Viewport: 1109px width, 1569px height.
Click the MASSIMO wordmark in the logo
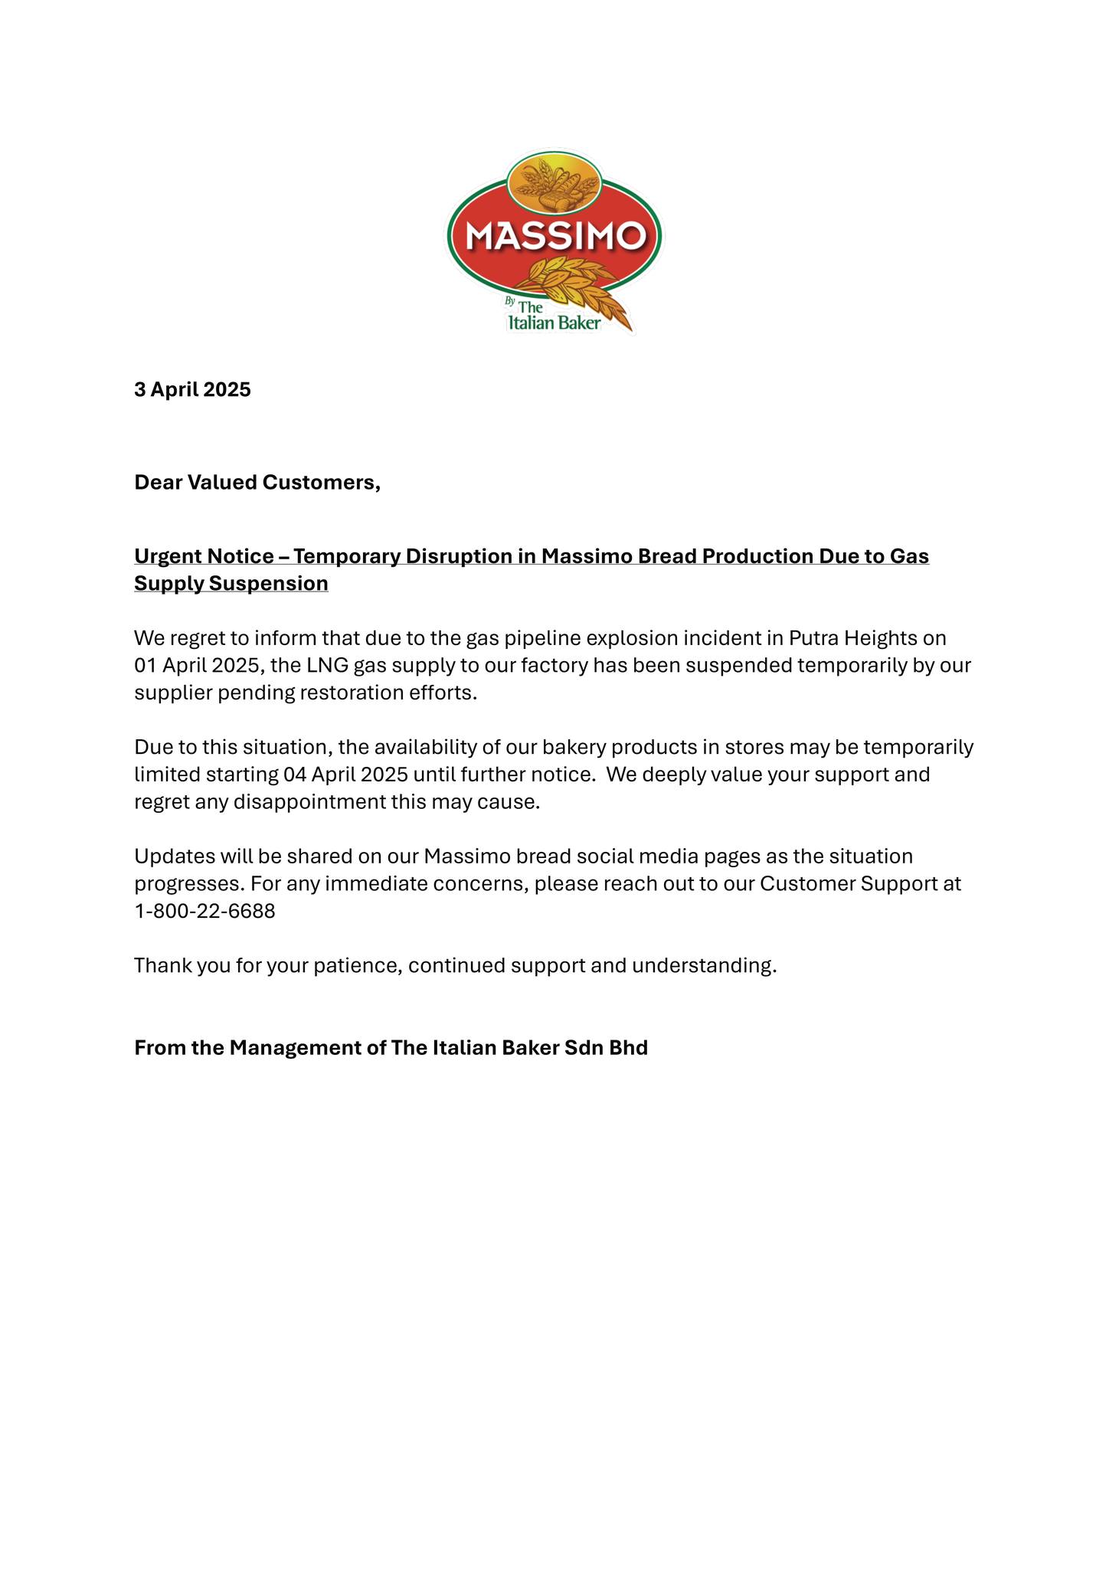point(555,236)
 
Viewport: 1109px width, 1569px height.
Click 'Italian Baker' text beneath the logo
point(554,323)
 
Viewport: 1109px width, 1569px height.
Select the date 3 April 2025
point(192,390)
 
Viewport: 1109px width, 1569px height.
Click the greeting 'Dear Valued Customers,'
point(257,483)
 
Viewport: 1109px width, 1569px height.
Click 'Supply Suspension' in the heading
point(231,584)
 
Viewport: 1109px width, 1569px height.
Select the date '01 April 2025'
point(199,665)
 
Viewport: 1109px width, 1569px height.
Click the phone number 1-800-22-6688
point(204,912)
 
